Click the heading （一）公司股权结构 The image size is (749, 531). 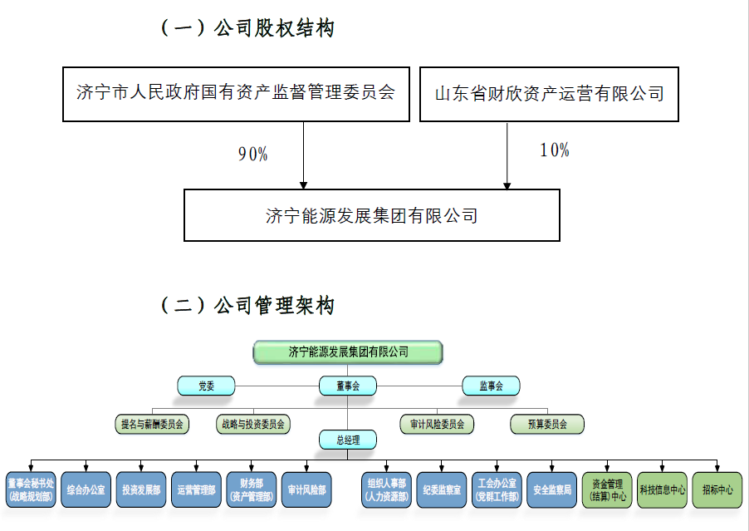click(x=247, y=28)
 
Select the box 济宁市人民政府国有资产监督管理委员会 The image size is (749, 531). click(x=236, y=92)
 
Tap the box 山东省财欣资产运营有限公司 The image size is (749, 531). click(x=549, y=93)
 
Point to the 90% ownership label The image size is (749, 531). click(x=252, y=154)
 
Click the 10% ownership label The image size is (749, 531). click(x=554, y=150)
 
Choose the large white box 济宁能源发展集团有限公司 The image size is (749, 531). click(x=371, y=215)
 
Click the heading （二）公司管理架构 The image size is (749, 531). click(x=247, y=306)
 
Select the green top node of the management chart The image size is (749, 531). click(x=348, y=352)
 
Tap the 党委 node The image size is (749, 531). click(x=206, y=386)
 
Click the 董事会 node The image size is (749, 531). click(x=348, y=386)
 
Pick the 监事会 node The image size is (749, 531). click(x=491, y=386)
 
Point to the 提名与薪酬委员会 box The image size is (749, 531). click(x=152, y=424)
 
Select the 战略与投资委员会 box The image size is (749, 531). click(x=252, y=424)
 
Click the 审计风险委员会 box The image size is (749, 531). click(x=437, y=424)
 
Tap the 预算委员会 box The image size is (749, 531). click(x=547, y=424)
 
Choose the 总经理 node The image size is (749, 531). click(x=348, y=440)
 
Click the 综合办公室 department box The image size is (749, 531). click(x=86, y=490)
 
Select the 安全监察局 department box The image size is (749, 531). click(x=551, y=490)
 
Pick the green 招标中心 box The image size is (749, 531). click(x=717, y=490)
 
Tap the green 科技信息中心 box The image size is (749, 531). click(x=662, y=490)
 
